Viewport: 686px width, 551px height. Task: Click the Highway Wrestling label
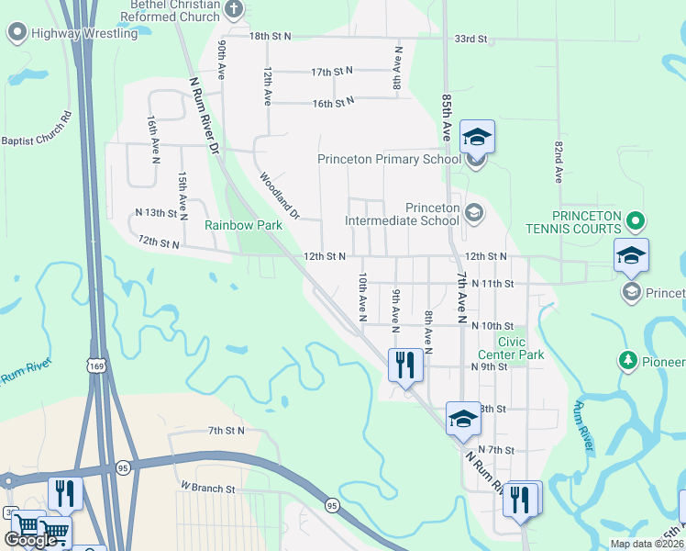83,34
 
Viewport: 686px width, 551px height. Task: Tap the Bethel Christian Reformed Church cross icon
234,11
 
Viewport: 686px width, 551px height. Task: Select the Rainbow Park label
243,224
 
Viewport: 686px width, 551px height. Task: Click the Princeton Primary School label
389,159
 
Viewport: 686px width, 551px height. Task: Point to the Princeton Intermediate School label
402,214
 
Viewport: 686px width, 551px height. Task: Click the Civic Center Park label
511,349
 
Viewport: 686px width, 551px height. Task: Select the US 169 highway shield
94,366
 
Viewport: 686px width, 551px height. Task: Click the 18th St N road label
270,36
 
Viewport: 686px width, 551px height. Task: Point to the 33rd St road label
470,40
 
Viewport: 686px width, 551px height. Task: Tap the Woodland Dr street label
280,196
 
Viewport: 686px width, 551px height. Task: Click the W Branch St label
208,487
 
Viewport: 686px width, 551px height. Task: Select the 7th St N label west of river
227,430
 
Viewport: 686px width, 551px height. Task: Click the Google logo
30,539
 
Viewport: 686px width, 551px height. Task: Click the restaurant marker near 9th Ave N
404,365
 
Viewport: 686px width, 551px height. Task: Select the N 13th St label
155,213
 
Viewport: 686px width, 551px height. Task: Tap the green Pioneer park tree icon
628,360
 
